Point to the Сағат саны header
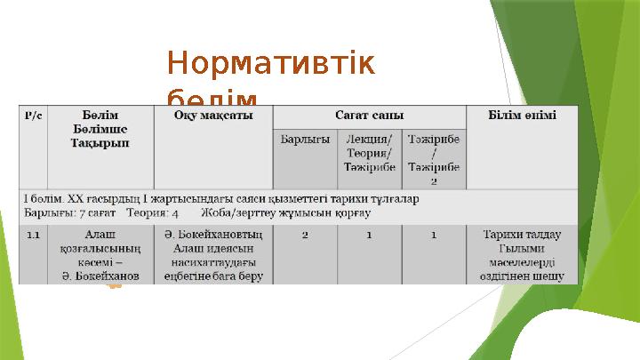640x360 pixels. [369, 116]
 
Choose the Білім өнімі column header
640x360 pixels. [523, 116]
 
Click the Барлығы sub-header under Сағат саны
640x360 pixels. [305, 140]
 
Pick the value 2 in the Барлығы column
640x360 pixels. [305, 235]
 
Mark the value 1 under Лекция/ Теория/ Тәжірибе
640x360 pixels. [369, 235]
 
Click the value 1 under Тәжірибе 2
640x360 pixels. [433, 235]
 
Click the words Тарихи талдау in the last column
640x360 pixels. [522, 235]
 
